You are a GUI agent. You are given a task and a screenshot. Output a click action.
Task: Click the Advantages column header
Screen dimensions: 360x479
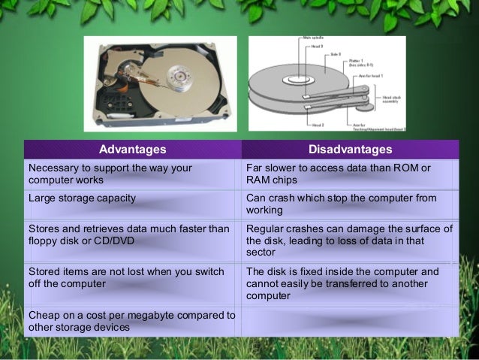coord(132,150)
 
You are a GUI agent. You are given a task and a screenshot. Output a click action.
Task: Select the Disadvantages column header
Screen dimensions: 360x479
coord(350,150)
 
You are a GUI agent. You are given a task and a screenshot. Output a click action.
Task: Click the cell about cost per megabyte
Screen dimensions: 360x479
coord(131,321)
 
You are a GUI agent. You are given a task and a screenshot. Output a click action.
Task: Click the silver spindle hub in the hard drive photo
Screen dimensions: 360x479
coord(179,76)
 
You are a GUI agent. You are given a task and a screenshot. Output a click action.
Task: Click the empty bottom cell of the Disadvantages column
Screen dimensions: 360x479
coord(350,321)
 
